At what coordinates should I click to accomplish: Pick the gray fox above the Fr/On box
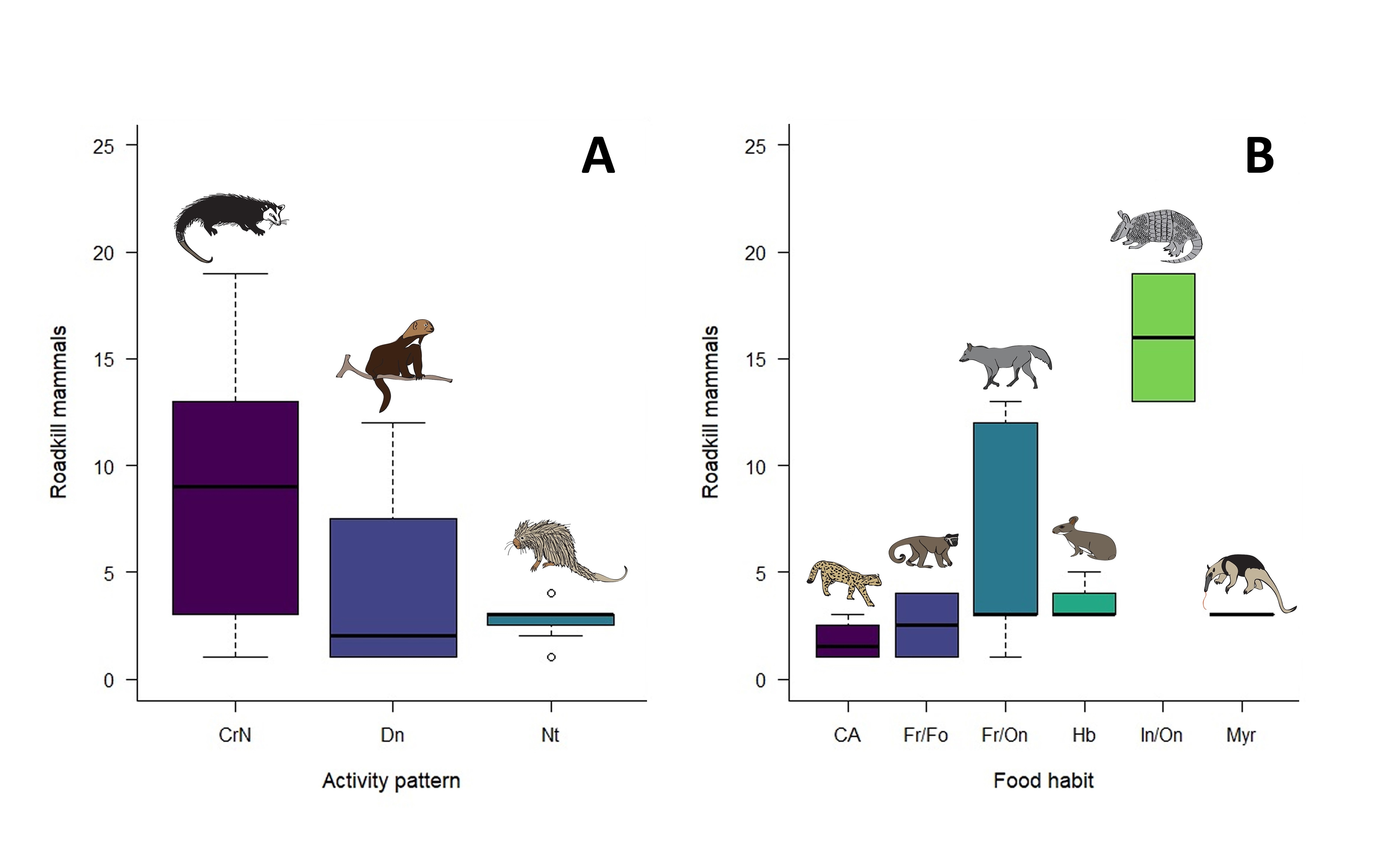click(1005, 365)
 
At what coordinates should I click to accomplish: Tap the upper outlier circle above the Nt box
click(552, 593)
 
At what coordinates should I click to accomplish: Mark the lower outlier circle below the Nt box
click(552, 657)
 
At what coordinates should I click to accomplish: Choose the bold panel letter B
click(1260, 156)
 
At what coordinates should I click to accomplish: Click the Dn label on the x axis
click(392, 735)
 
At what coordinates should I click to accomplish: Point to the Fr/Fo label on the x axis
click(926, 735)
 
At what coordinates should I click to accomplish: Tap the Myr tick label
click(1241, 735)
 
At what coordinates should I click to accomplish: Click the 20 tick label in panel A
click(104, 253)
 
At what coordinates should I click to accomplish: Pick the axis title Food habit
click(1043, 781)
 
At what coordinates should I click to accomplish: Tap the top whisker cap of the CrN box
click(235, 273)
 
